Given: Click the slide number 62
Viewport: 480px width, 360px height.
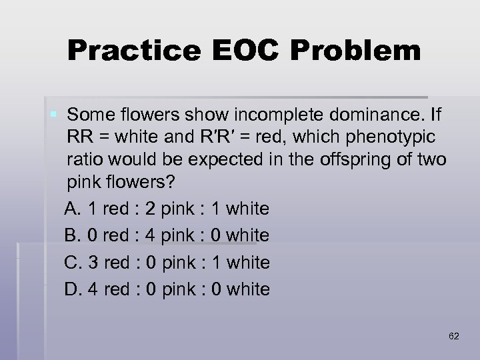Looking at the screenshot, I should tap(454, 336).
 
